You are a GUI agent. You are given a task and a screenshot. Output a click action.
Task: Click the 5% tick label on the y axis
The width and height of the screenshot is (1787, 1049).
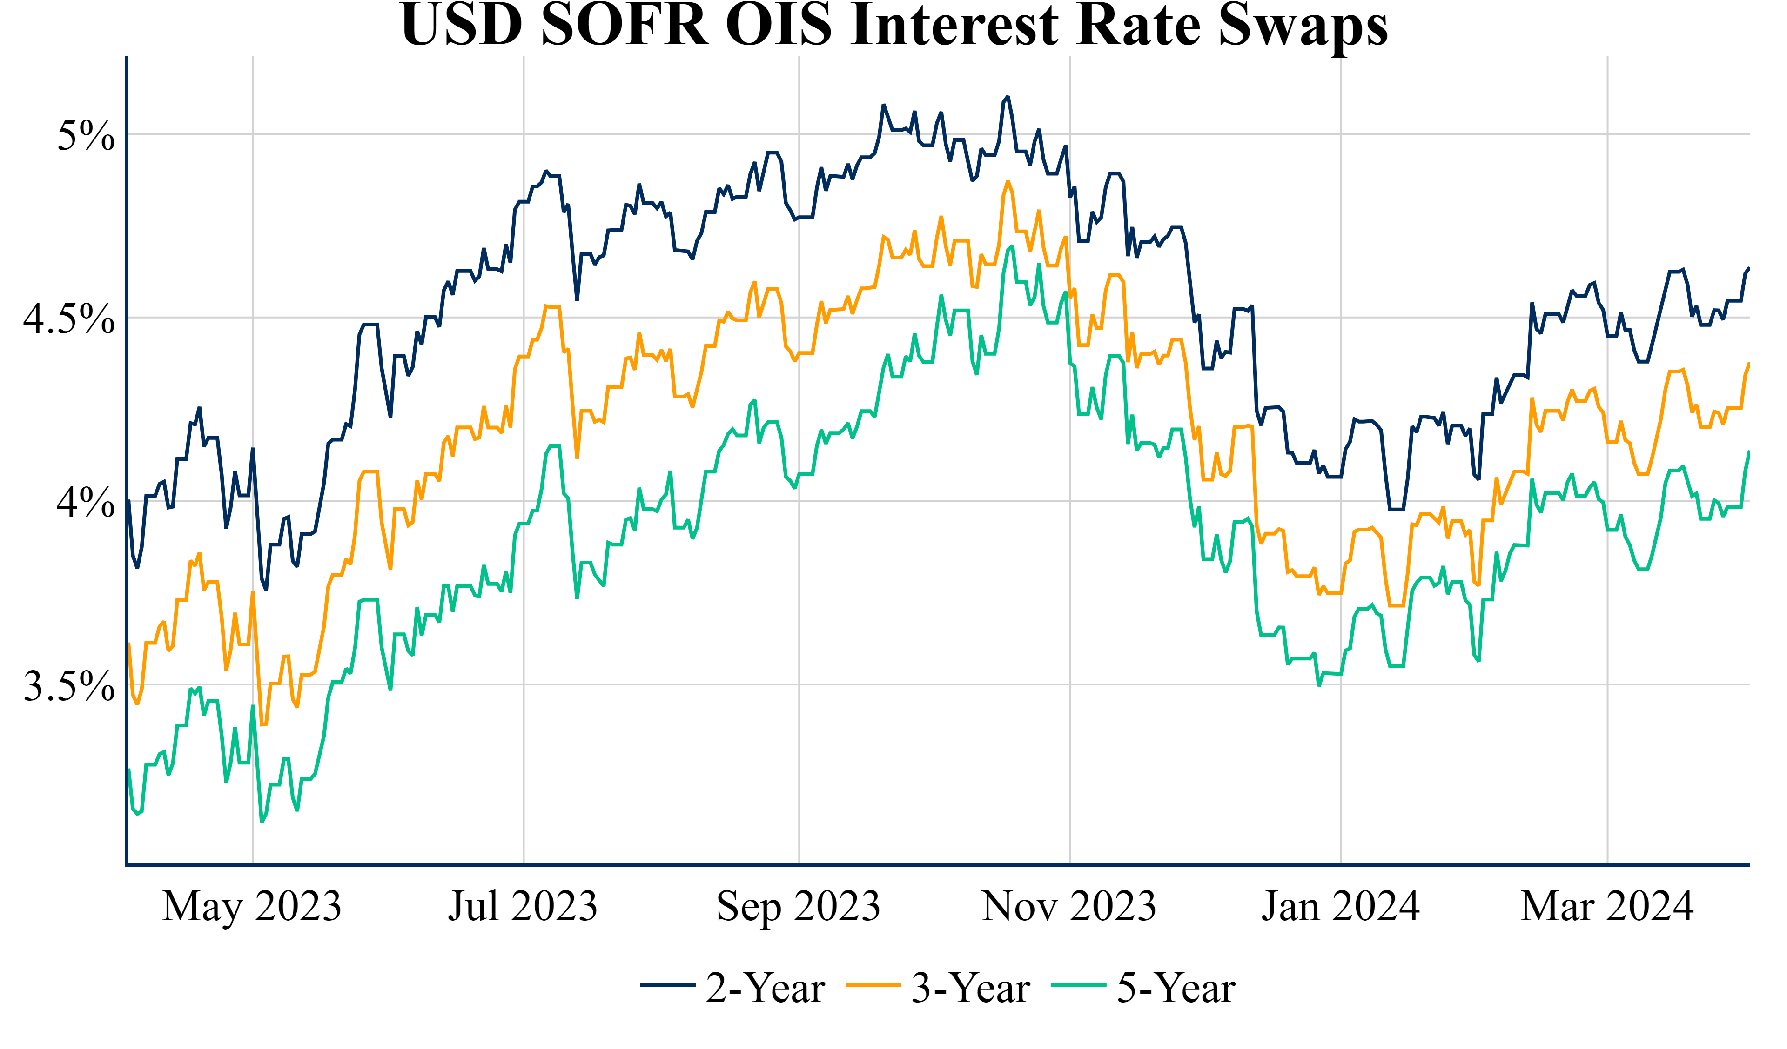[86, 135]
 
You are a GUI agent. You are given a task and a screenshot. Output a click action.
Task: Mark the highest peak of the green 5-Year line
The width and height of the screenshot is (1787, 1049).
[1012, 246]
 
